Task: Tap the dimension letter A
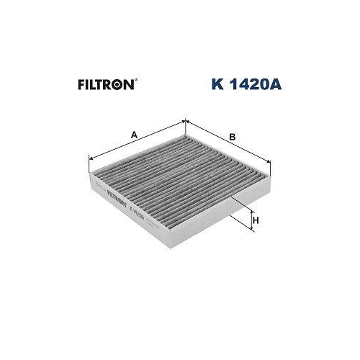(135, 132)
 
